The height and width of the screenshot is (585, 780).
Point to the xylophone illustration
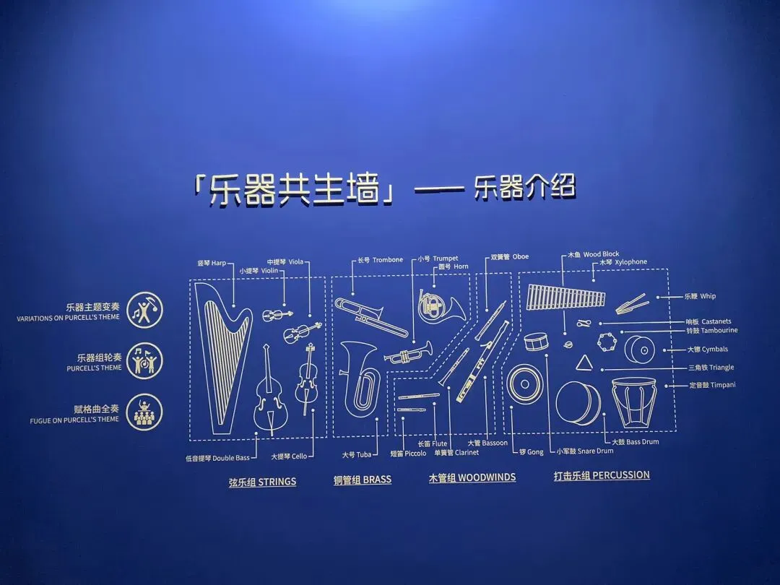(565, 297)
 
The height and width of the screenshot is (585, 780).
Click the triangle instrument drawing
(584, 363)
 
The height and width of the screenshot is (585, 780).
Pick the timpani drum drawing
(634, 402)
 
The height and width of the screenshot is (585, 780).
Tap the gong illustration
(525, 383)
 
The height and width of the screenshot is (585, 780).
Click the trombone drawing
(370, 316)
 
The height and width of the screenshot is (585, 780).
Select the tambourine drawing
(607, 342)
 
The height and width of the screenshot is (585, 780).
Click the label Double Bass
(218, 458)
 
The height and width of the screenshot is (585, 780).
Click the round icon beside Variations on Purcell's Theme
(144, 310)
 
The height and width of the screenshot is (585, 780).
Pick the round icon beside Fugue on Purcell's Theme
(144, 412)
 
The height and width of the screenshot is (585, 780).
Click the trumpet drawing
(408, 352)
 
